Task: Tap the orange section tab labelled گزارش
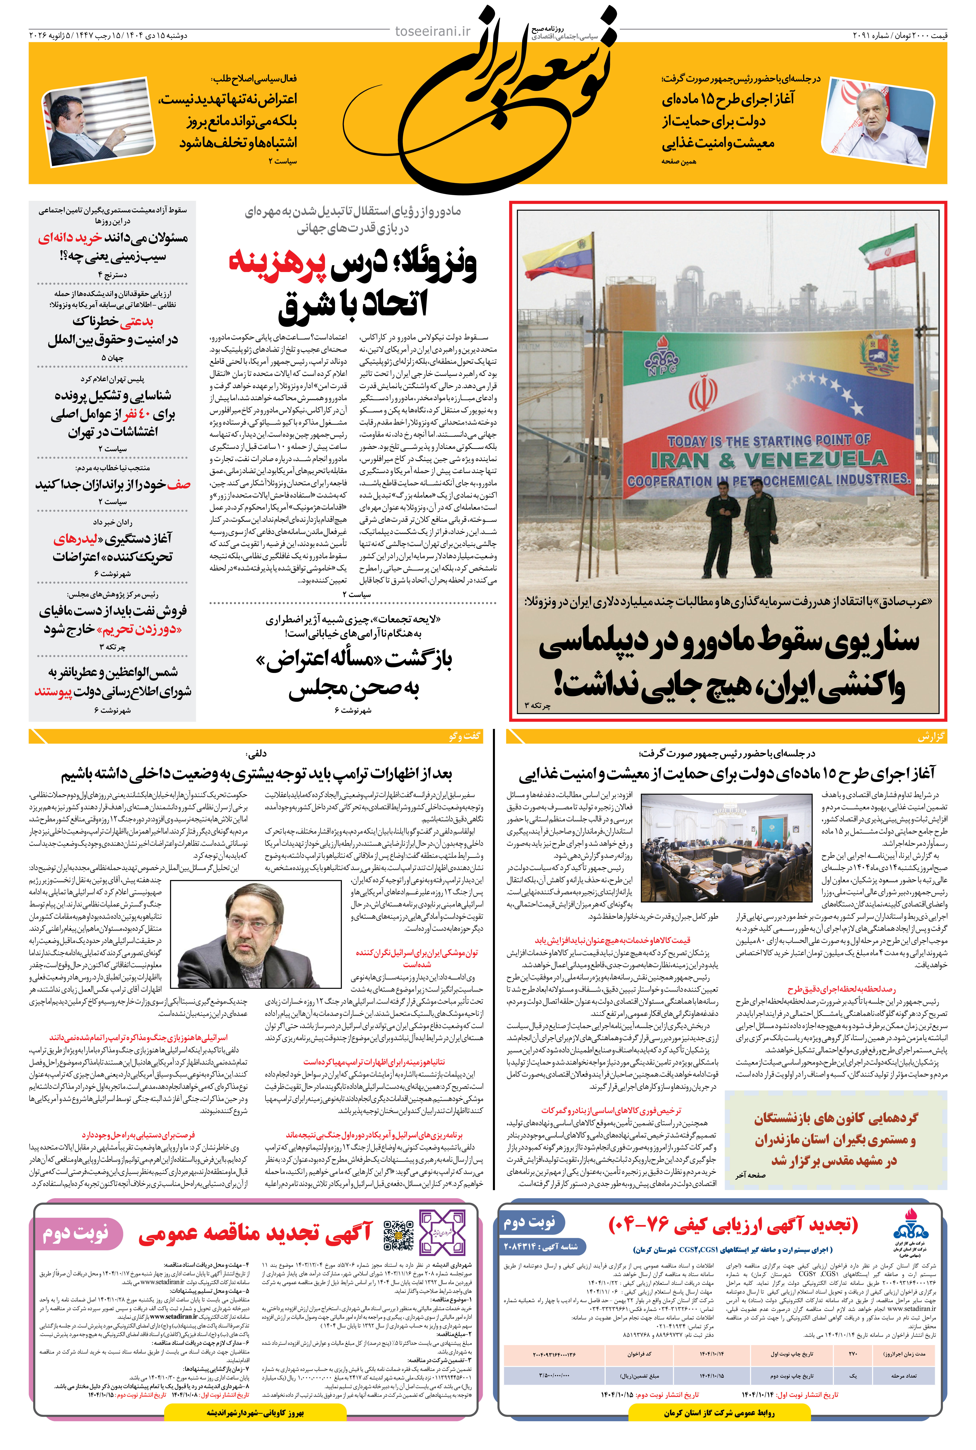click(x=931, y=737)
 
